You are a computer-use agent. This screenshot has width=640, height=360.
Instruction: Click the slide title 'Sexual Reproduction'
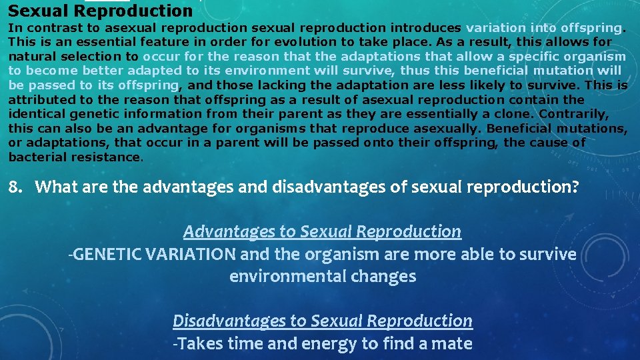point(100,11)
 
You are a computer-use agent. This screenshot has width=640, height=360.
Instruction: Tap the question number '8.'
point(17,187)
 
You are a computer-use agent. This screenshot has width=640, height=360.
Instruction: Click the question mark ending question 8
point(575,187)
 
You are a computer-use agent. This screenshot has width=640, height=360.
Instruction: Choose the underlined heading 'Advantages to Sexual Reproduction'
point(322,231)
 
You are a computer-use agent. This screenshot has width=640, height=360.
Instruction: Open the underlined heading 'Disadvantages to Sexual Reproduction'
point(322,321)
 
